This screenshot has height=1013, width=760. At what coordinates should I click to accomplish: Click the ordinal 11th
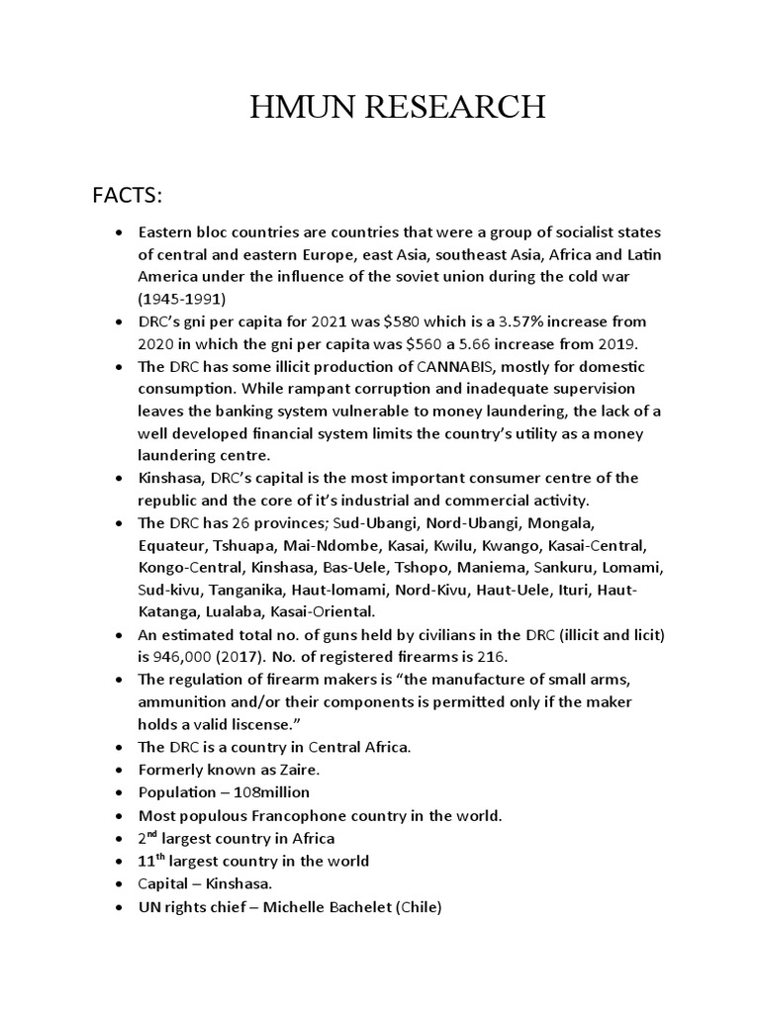[x=150, y=860]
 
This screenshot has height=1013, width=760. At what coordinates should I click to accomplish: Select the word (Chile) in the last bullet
[x=418, y=905]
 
